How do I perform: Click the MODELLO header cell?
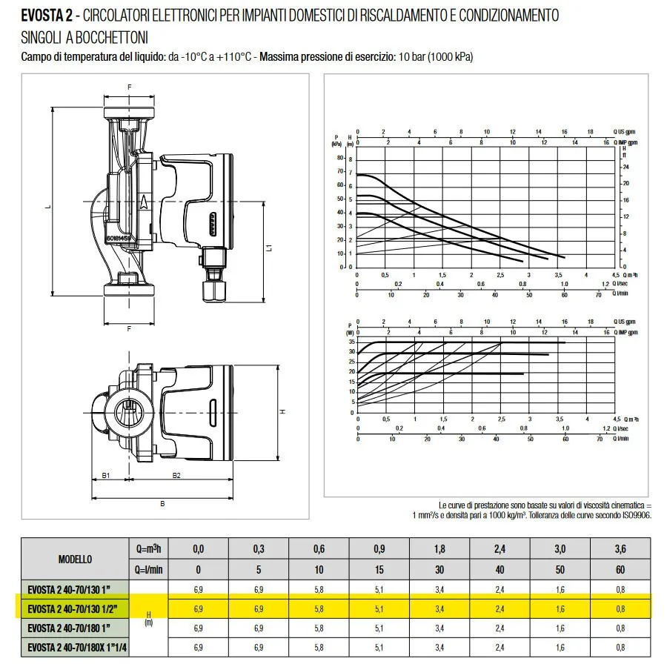(x=75, y=559)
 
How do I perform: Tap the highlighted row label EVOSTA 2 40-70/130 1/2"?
(x=73, y=609)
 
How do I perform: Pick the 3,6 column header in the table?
(x=620, y=549)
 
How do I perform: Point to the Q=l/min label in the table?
(x=148, y=570)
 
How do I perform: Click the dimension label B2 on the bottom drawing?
(x=176, y=475)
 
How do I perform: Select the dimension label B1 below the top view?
(x=106, y=475)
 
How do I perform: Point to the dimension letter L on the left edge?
(x=47, y=207)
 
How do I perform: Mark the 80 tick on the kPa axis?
(x=341, y=157)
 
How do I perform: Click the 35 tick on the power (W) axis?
(x=352, y=342)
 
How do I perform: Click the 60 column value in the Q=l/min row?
(x=620, y=570)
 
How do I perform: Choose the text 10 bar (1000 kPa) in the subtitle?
(x=436, y=57)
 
